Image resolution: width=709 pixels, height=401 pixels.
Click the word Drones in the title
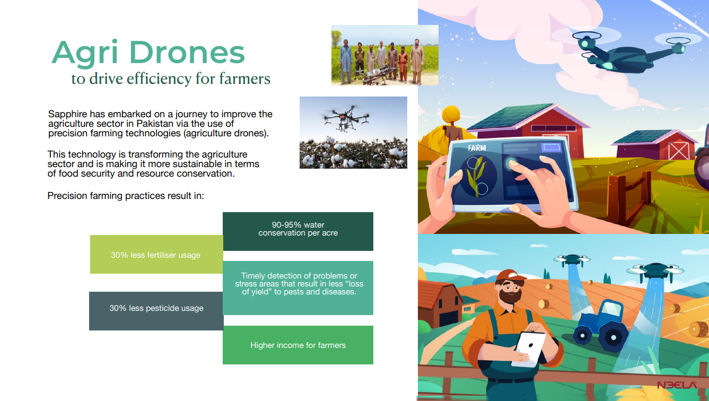point(187,52)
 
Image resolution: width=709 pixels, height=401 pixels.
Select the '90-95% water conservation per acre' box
point(298,231)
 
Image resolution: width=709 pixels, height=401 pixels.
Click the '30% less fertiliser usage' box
point(156,254)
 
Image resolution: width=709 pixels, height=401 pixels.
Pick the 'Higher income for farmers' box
point(298,345)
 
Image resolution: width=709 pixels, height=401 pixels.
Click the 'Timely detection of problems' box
point(298,287)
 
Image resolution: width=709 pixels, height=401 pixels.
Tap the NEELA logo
point(677,385)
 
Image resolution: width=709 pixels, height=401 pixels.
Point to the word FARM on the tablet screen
point(477,148)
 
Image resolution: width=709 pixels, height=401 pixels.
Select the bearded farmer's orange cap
point(510,276)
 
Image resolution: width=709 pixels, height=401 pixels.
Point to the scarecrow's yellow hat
point(451,114)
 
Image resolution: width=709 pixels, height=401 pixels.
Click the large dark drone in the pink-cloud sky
point(630,52)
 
